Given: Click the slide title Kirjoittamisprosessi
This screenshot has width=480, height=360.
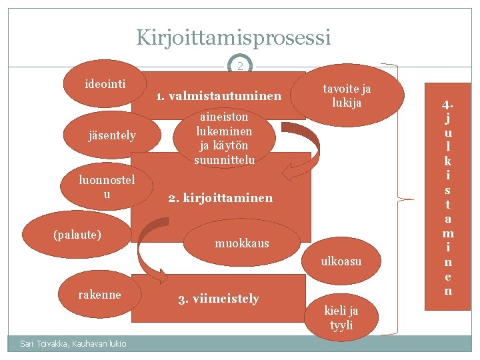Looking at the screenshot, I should (233, 37).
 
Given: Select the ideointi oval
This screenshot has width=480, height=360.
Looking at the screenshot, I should (106, 85).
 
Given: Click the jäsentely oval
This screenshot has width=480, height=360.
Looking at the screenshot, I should (112, 136).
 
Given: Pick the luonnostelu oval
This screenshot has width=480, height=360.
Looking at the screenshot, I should (107, 187).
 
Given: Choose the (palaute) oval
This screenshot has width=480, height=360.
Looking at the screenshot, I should (77, 235).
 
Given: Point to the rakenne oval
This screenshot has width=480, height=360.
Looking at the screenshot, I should (100, 295).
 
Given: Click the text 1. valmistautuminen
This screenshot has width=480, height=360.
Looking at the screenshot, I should (219, 97).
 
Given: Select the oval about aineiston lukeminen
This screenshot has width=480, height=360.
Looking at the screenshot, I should (224, 138).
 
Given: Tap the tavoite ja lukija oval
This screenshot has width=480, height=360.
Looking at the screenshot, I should (347, 95).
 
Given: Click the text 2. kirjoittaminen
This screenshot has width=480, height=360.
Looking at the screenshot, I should (221, 198).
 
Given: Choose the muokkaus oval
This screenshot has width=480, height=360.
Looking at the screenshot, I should (242, 243).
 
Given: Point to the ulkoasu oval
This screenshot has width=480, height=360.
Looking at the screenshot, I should (341, 261).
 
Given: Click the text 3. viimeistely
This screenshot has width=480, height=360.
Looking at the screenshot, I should (219, 299).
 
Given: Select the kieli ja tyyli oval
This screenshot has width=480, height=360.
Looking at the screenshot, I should (341, 317).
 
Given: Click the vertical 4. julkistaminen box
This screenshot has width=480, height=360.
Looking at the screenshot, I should (447, 197).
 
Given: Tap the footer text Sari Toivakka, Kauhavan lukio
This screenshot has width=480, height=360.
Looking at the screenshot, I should (65, 343).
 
